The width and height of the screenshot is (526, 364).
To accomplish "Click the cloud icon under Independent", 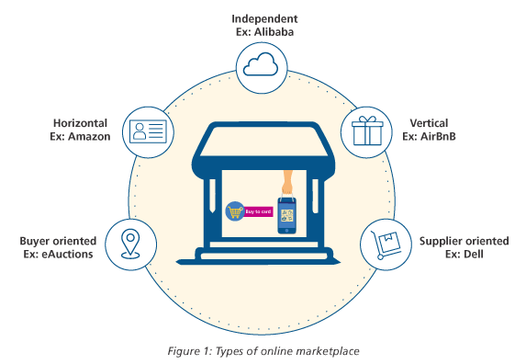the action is click(262, 64).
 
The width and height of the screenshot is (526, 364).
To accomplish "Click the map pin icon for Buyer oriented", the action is click(129, 244).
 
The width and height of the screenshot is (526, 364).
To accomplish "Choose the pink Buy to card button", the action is click(259, 211).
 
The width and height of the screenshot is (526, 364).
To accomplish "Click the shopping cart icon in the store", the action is click(234, 212).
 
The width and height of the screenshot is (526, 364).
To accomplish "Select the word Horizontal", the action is click(81, 123).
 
